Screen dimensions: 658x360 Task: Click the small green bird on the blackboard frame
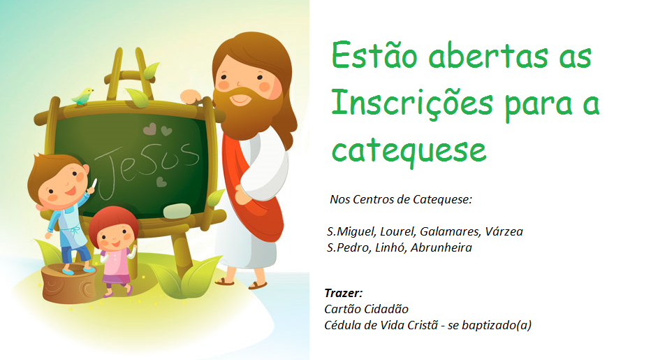pyautogui.click(x=82, y=96)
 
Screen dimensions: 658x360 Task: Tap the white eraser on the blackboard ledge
pyautogui.click(x=177, y=211)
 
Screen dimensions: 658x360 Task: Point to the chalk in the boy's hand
pyautogui.click(x=95, y=184)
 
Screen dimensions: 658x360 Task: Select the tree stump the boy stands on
pyautogui.click(x=69, y=284)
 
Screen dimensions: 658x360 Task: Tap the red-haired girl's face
pyautogui.click(x=114, y=236)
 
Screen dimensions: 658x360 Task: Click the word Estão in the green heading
pyautogui.click(x=374, y=55)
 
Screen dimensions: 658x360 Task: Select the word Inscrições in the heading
pyautogui.click(x=412, y=103)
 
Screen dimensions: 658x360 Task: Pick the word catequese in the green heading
pyautogui.click(x=409, y=151)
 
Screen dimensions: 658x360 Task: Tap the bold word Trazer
pyautogui.click(x=343, y=293)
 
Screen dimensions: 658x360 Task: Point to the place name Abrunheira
pyautogui.click(x=441, y=247)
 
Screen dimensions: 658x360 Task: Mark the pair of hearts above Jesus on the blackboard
pyautogui.click(x=158, y=129)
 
